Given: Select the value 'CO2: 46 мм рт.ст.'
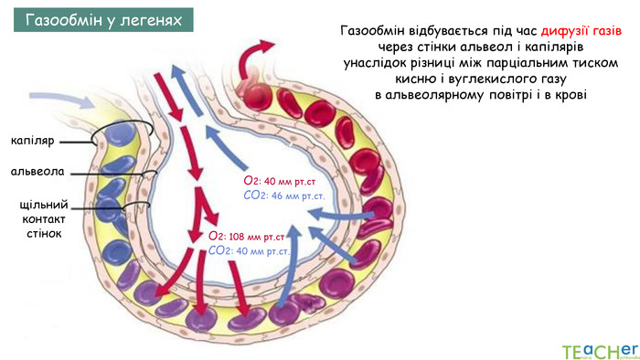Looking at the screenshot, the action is [x=285, y=195].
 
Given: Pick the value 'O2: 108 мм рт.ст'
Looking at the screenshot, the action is [x=248, y=237].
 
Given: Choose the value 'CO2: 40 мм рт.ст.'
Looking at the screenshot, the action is [x=250, y=249].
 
